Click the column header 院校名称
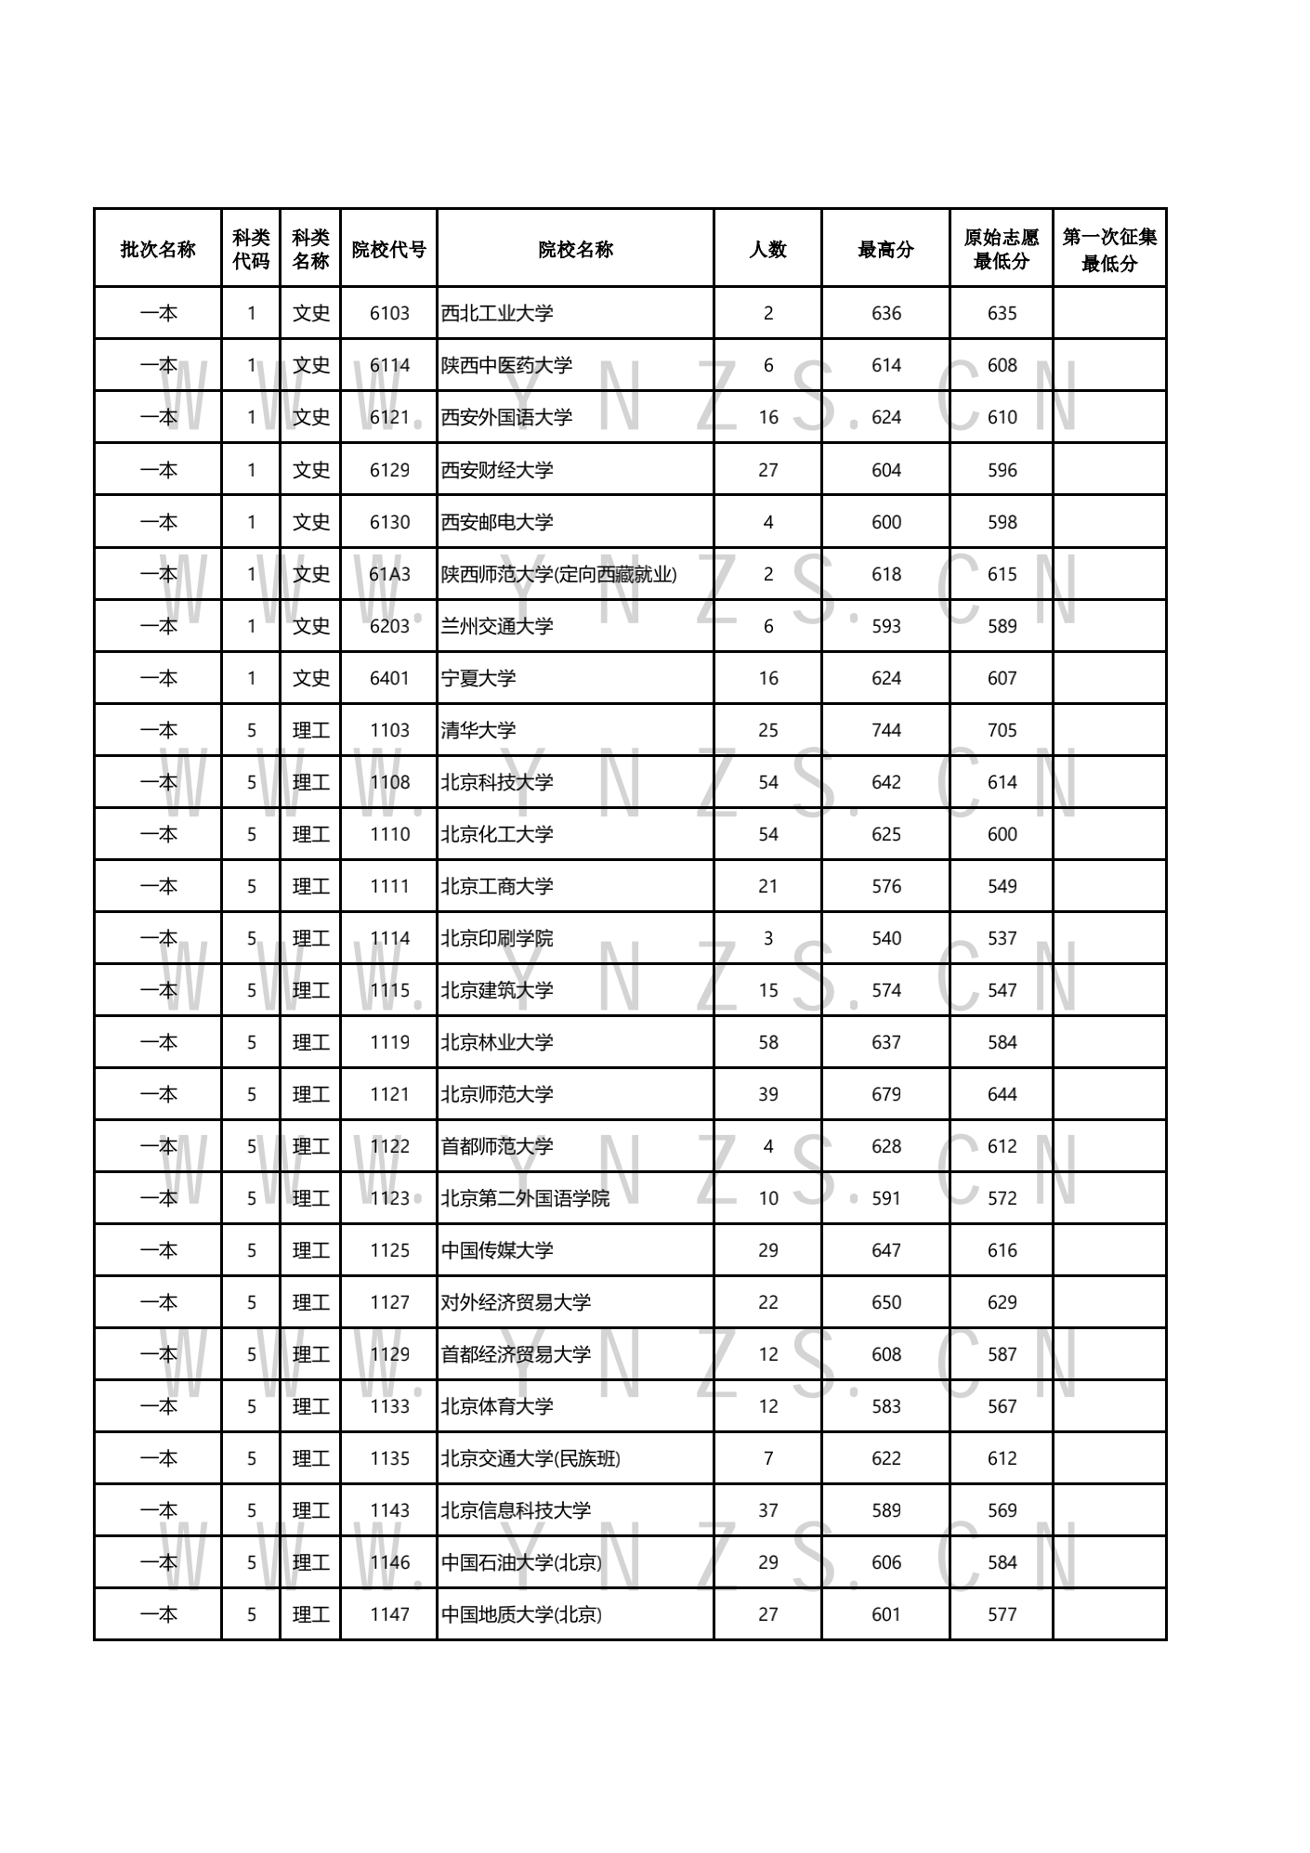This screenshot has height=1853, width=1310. click(x=575, y=249)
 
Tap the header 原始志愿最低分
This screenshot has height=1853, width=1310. click(x=1001, y=249)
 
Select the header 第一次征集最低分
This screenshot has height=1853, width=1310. click(x=1109, y=249)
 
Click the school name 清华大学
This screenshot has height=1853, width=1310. click(x=478, y=730)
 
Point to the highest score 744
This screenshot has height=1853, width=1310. click(x=885, y=730)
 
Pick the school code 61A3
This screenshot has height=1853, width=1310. click(x=389, y=574)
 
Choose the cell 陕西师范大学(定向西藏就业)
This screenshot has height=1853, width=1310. click(x=558, y=574)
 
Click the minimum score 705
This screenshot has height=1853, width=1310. click(x=1002, y=730)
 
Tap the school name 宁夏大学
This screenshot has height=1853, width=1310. click(x=478, y=678)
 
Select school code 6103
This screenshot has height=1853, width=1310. click(x=389, y=313)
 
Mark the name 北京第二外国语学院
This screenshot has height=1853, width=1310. click(x=525, y=1198)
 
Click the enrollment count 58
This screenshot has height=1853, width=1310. click(x=767, y=1042)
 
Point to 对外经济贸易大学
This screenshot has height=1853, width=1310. click(x=516, y=1302)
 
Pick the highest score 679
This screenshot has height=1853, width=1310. click(x=885, y=1094)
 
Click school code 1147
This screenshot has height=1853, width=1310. click(x=389, y=1614)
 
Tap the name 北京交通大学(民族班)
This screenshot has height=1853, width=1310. click(x=531, y=1458)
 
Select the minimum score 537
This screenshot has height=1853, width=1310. click(x=1002, y=938)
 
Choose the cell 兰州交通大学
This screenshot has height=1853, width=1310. click(x=497, y=626)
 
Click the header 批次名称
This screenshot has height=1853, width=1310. click(x=158, y=249)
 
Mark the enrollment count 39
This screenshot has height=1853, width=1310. click(x=767, y=1094)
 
